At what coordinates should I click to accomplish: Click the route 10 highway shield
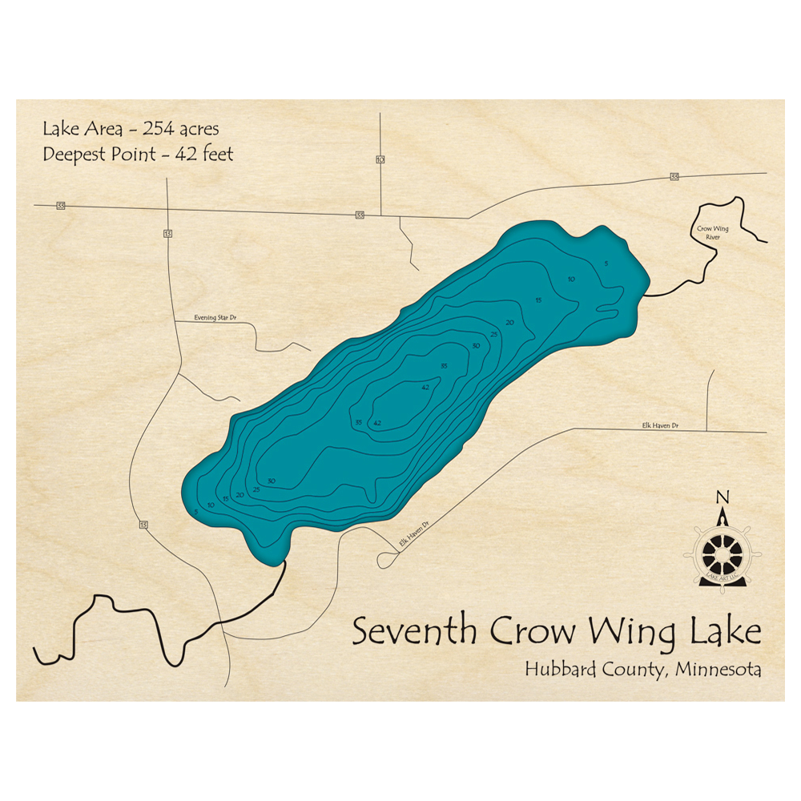coord(380,159)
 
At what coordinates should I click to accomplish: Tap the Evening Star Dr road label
coord(215,318)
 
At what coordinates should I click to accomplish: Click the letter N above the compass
coord(723,497)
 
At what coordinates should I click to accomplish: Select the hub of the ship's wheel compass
coord(722,553)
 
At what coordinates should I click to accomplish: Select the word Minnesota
coord(718,669)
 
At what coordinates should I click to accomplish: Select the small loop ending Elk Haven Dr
coord(384,562)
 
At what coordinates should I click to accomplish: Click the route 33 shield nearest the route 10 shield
coord(360,215)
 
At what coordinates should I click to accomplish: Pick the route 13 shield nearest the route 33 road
coord(167,234)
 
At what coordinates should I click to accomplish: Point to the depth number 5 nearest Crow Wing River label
coord(607,264)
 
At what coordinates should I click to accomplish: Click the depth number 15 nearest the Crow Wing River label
coord(539,300)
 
